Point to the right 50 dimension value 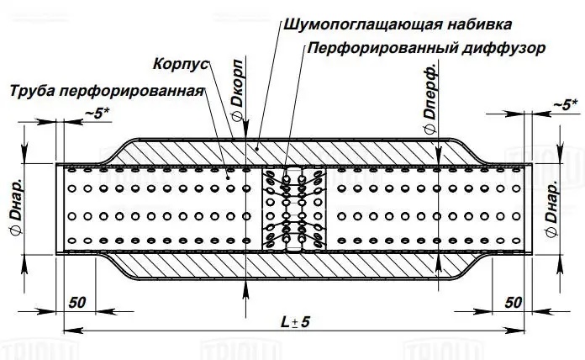515,300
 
